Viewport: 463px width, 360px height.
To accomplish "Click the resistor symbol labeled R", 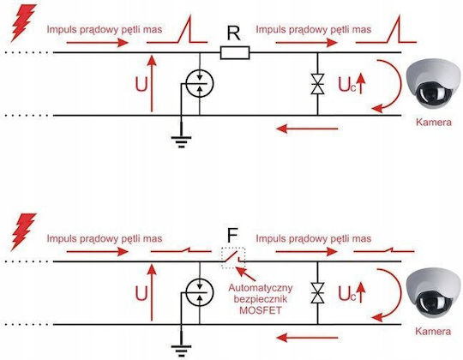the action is click(235, 53).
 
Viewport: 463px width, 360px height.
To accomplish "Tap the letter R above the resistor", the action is click(234, 33).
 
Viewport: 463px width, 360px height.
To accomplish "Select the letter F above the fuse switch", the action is click(232, 236).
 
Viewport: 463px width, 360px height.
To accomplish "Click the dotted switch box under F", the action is click(233, 258).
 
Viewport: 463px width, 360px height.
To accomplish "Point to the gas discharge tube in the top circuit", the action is click(200, 84).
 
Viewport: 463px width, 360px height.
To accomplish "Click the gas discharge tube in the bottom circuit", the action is click(200, 293).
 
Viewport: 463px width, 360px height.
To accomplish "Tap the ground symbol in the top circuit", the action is click(181, 141).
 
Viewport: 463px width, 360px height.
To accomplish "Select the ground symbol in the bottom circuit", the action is click(181, 351).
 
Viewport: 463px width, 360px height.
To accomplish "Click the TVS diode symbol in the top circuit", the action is click(318, 84).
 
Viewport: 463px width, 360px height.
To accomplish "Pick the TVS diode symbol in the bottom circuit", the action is click(318, 293).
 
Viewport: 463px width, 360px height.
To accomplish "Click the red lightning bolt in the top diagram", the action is click(23, 23).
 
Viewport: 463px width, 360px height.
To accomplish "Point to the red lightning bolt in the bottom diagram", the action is click(23, 232).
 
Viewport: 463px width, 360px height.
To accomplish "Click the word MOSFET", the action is click(260, 310).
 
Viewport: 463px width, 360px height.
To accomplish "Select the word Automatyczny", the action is click(261, 288).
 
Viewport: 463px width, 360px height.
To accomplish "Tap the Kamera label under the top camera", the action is click(434, 123).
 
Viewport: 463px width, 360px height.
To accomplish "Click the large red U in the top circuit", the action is click(141, 85).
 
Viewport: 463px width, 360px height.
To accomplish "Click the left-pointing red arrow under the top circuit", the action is click(307, 129).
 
